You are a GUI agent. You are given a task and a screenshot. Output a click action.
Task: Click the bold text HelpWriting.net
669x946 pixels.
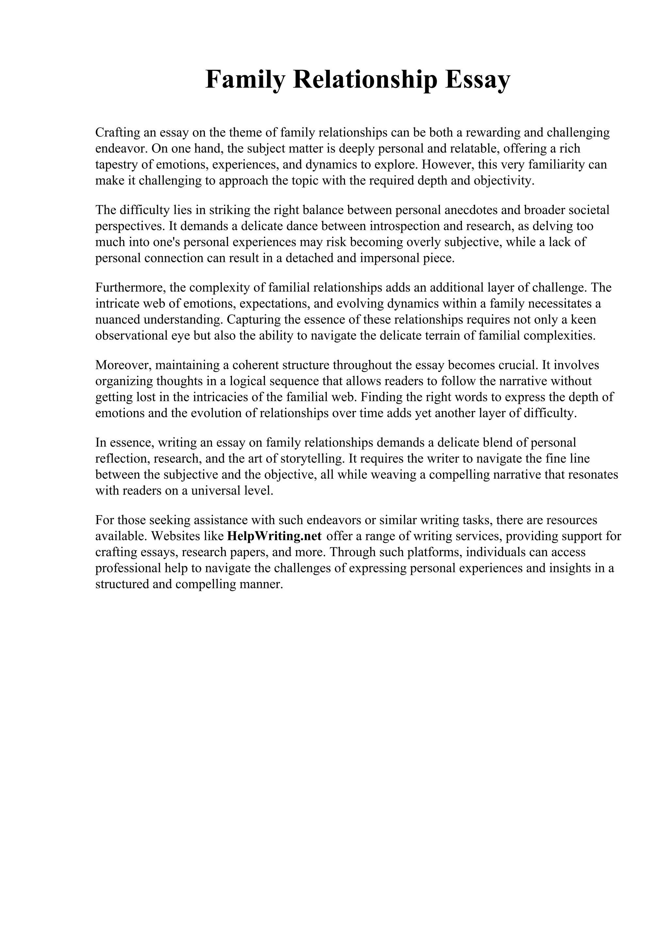coord(274,536)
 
